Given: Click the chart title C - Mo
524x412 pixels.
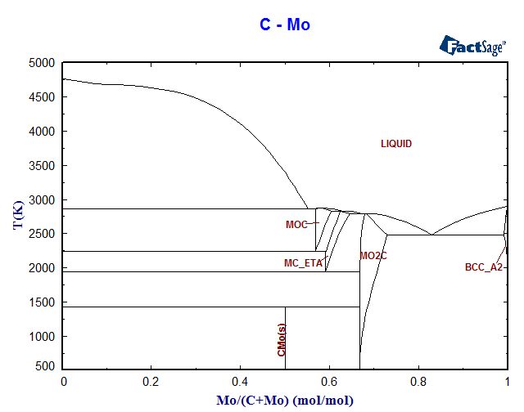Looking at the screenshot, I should (x=285, y=25).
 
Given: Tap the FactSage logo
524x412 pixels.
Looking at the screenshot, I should (x=474, y=46).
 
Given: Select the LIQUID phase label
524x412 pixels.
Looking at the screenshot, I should (x=396, y=144).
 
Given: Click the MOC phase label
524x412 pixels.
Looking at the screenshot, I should (x=296, y=225).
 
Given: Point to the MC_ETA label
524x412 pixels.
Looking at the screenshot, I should (x=303, y=263).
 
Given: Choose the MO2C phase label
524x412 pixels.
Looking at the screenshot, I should (x=373, y=256).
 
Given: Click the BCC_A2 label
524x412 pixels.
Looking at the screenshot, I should (x=483, y=267).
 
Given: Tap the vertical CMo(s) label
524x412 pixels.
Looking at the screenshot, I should (x=282, y=340).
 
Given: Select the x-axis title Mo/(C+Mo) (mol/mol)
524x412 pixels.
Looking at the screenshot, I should (x=285, y=400).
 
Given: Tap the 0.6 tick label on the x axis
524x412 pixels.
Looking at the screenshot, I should (x=330, y=382).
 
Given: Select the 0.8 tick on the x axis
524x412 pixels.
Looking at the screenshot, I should (x=418, y=382).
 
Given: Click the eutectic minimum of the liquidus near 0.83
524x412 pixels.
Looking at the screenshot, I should (x=432, y=235).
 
